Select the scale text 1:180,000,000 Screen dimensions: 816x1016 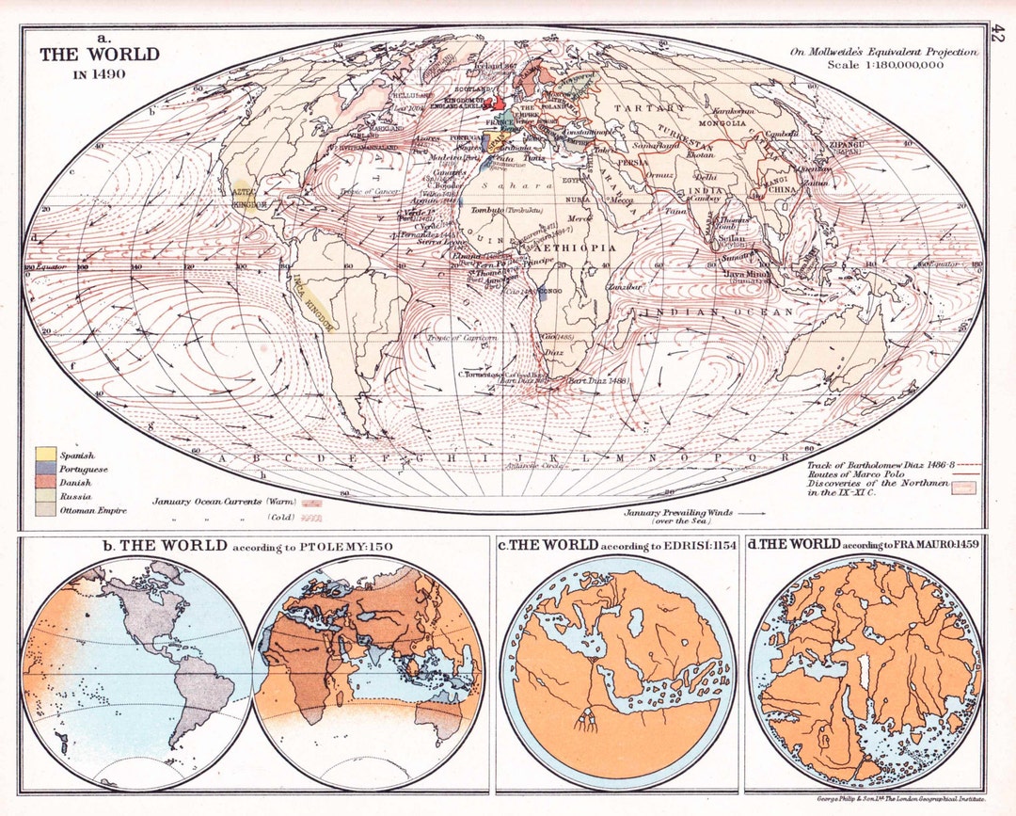pos(902,65)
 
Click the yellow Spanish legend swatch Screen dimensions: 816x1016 pos(45,456)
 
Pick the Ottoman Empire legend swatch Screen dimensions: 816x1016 pos(45,509)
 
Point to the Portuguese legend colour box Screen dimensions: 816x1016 pos(45,469)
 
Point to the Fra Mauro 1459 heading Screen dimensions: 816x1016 pos(864,545)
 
